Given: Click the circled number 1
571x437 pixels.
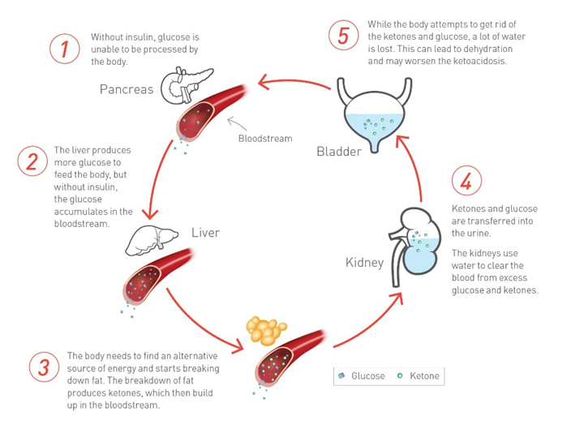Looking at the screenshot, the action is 64,49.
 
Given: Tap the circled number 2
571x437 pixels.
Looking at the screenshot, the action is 32,161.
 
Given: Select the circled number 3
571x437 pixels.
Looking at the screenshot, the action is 44,366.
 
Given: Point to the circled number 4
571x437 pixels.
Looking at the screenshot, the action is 466,180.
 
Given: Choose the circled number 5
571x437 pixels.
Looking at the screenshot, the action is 343,35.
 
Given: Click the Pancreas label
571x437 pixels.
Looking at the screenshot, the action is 127,89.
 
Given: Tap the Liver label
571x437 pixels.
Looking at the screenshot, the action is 206,233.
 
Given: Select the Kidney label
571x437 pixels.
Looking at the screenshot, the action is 364,262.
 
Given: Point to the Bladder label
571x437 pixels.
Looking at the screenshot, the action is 339,151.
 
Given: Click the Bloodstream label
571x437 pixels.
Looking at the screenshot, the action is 265,139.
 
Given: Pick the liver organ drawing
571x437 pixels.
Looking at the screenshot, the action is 152,240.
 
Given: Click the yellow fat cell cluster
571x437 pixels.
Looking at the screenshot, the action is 266,330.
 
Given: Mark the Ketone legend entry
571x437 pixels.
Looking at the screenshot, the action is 418,376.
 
